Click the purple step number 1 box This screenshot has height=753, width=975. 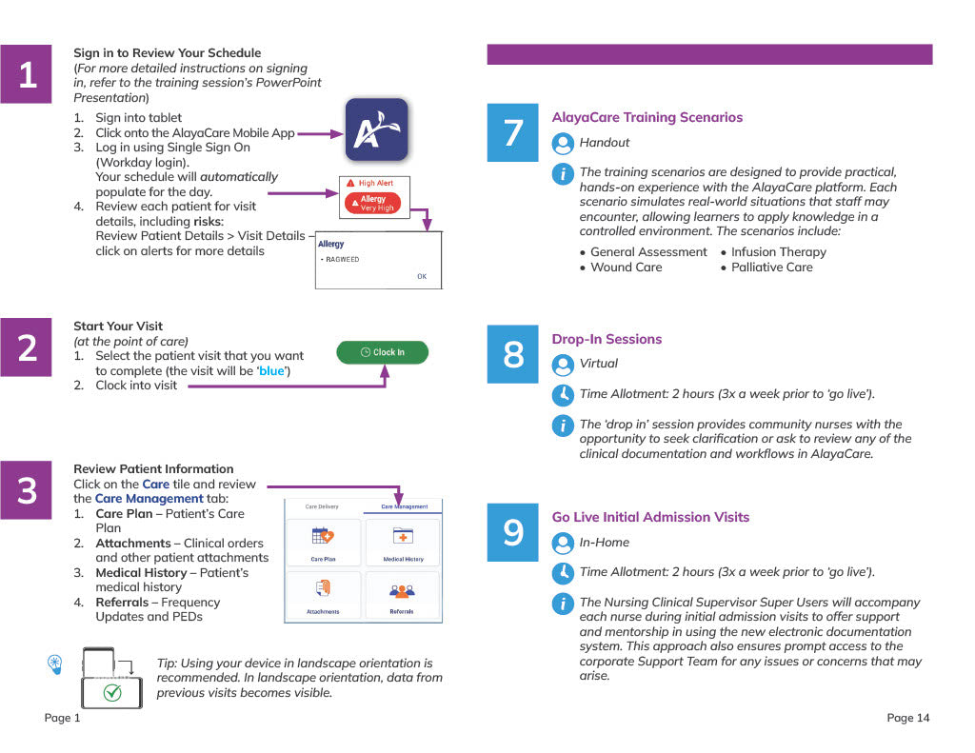28,74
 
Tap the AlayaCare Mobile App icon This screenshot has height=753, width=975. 376,129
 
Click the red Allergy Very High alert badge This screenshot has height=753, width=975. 373,204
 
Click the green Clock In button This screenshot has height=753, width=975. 383,352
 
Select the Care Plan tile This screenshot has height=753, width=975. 323,542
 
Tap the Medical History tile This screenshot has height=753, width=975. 404,542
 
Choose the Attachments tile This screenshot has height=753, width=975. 323,595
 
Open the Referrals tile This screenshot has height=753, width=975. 404,595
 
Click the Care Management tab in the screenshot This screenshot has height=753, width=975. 404,506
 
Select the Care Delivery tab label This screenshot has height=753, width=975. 322,506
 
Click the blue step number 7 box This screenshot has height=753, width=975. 512,133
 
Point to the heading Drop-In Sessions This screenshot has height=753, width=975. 607,339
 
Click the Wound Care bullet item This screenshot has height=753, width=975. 626,268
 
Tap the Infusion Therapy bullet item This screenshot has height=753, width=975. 778,252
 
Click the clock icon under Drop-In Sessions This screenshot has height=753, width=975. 563,394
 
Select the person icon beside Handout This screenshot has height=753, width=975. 563,143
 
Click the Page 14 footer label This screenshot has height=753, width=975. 907,718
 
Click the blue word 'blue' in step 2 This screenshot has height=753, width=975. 271,370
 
